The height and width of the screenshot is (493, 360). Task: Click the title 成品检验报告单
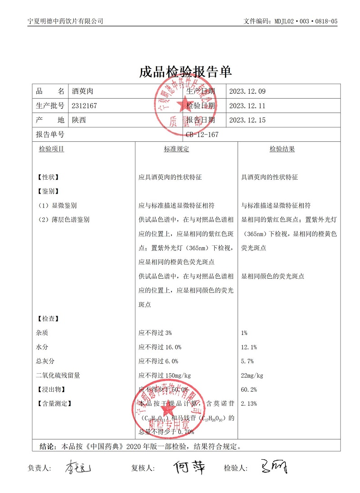(x=185, y=72)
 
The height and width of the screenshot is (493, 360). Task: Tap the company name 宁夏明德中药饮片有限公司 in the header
(x=65, y=21)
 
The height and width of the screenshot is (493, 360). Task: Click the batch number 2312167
(x=85, y=106)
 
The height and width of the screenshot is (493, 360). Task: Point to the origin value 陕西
(x=79, y=120)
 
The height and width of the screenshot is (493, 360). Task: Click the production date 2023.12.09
(x=247, y=91)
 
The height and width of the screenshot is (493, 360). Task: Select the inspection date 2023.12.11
(x=247, y=106)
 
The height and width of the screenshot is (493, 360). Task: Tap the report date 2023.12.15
(x=247, y=120)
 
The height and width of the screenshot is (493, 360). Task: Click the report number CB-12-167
(x=202, y=134)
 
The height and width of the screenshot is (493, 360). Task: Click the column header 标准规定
(x=176, y=149)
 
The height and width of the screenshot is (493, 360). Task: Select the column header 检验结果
(x=282, y=149)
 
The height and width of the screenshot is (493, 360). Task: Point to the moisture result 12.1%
(x=249, y=347)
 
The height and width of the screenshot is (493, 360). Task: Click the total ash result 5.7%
(x=247, y=361)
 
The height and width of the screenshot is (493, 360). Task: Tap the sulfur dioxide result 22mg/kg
(x=252, y=375)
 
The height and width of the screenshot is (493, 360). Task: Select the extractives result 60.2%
(x=249, y=389)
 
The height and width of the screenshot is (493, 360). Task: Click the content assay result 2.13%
(x=249, y=403)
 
